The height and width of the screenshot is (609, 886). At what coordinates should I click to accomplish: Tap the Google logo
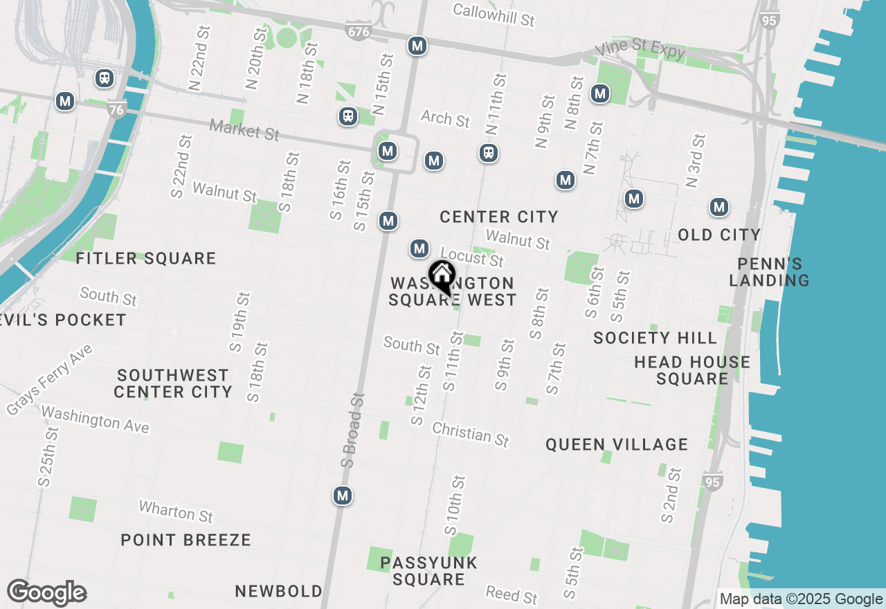[47, 592]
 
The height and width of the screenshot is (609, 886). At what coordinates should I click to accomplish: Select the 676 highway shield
[358, 30]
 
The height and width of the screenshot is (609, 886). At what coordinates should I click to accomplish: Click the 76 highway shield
[117, 109]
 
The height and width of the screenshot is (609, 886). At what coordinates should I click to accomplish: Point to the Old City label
[719, 235]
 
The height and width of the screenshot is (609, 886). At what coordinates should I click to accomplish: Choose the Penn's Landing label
[769, 272]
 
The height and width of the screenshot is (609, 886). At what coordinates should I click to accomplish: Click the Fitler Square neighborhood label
[146, 259]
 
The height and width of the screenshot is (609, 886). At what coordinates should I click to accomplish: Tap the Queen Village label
[617, 444]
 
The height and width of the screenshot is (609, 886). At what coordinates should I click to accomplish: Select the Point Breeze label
[186, 540]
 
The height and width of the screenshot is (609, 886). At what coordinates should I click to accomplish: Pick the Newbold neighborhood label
[278, 591]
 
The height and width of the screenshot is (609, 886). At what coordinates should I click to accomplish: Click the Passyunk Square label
[428, 571]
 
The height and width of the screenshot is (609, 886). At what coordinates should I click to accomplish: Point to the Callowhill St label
[494, 14]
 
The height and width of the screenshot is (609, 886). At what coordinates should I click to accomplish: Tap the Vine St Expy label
[641, 49]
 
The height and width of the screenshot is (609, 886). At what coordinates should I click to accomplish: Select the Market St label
[244, 129]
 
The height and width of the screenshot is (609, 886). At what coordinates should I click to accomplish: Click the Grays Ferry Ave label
[49, 381]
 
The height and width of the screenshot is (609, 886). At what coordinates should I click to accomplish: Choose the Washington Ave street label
[96, 419]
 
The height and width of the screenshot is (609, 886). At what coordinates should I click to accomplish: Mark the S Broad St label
[352, 430]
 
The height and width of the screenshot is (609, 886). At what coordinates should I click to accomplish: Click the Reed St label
[512, 594]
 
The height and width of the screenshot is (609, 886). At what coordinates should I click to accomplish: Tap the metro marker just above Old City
[719, 207]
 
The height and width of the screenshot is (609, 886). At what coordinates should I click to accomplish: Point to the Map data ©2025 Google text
[801, 599]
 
